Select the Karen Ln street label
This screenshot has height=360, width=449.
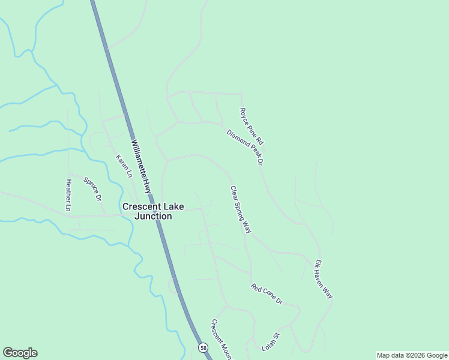coord(124,166)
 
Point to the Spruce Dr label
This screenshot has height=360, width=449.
coord(92,188)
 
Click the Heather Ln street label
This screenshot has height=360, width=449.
coord(68,196)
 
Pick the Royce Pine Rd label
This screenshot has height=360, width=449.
coord(252,126)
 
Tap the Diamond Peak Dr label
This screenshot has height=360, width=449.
coord(246,147)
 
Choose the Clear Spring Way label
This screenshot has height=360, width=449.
coord(240,209)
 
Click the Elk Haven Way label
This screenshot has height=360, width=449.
coord(324,279)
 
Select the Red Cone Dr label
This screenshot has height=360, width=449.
coord(267,294)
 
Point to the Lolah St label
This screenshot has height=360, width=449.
coord(271,342)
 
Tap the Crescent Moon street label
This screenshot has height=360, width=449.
coord(220,340)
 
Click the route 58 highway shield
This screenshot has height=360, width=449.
coord(203,347)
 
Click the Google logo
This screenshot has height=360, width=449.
coord(20,353)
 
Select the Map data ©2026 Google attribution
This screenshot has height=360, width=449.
coord(412,355)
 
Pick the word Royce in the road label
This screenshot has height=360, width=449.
coord(244,114)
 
